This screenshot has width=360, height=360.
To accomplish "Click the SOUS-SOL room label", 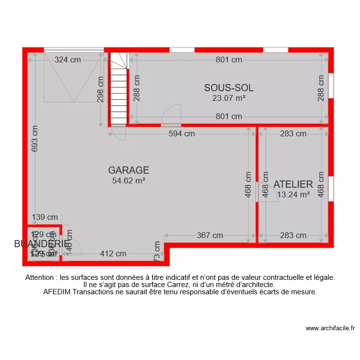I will click(228, 88).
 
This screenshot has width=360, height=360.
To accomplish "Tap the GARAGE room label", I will click(128, 170).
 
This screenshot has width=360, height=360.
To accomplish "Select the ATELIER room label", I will click(293, 184).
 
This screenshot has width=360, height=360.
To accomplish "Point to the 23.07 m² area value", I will click(228, 98).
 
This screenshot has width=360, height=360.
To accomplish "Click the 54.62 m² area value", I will click(128, 180).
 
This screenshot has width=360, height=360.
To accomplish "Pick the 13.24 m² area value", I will click(293, 194).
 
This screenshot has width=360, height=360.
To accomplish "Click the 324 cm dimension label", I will click(68, 60).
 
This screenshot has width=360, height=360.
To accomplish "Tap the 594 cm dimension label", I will click(181, 134).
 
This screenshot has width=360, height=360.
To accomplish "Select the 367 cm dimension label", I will click(210, 236).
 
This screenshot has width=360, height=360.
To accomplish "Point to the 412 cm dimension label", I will click(113, 254).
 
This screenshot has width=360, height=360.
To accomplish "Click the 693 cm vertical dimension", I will click(35, 139).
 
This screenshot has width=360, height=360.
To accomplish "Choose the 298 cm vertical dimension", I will click(100, 90).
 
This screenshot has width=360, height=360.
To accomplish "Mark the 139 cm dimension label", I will click(45, 217).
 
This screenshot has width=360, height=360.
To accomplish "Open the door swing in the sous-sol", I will click(171, 115).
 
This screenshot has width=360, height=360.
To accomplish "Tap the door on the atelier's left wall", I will click(266, 192).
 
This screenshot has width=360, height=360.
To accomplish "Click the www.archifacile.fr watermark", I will click(330, 329).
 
